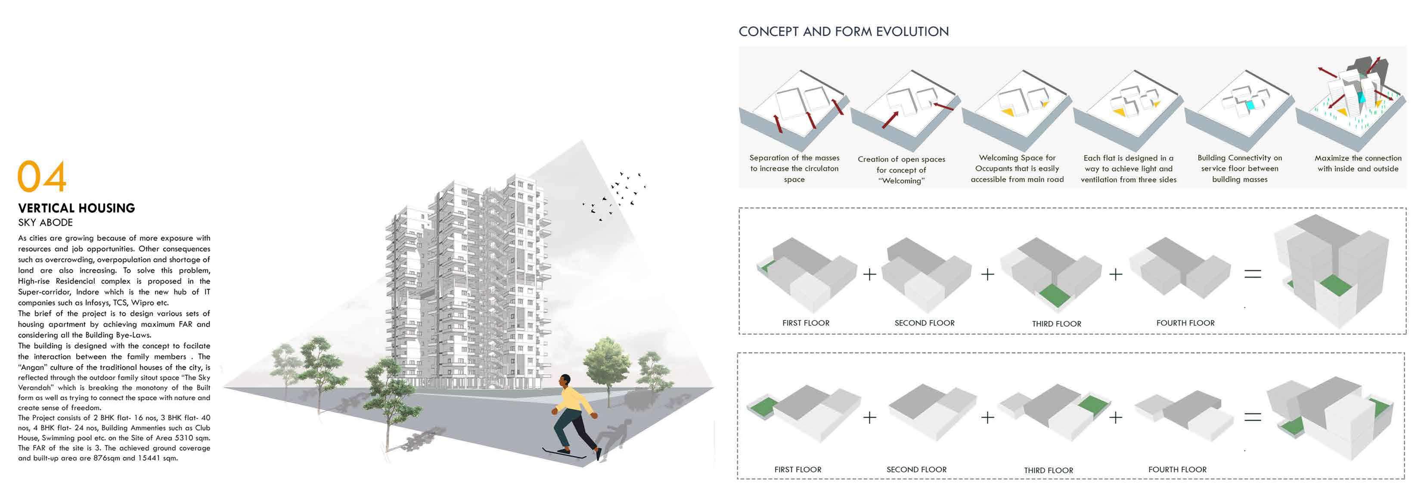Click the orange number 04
tap(42, 177)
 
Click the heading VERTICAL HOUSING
tap(76, 208)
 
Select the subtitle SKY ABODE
tap(45, 222)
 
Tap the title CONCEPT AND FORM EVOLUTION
tap(844, 31)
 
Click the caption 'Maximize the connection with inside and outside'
tap(1358, 163)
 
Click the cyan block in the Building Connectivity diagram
tap(1250, 105)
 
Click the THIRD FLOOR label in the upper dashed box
tap(1056, 324)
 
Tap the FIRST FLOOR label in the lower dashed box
tap(797, 469)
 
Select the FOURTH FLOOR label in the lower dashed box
tap(1177, 469)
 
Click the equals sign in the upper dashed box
tap(1252, 273)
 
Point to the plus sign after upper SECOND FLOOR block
tap(987, 274)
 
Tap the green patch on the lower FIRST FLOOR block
tap(760, 406)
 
